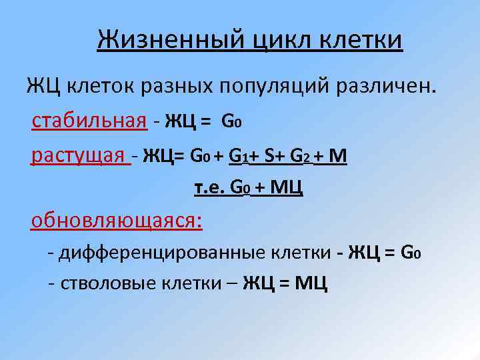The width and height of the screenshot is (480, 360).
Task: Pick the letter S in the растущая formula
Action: click(269, 157)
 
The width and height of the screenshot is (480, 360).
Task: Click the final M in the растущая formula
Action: click(338, 157)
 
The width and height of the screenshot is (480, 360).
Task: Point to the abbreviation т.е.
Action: click(209, 189)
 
